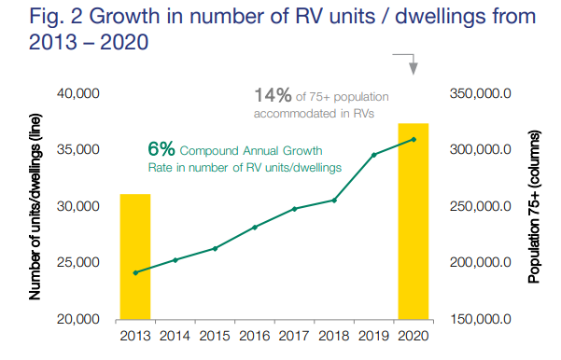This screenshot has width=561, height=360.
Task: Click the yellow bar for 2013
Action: [134, 256]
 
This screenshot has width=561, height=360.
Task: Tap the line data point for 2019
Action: [373, 155]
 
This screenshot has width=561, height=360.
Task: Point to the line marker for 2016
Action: [255, 227]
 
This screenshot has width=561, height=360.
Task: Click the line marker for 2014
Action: [175, 259]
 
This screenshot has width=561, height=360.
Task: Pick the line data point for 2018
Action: [334, 200]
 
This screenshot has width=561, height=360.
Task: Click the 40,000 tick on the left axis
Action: [79, 93]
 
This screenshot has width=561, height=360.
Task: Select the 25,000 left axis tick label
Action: [79, 262]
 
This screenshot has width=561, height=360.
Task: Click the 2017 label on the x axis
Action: [294, 336]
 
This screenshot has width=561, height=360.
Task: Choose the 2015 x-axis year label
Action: [215, 336]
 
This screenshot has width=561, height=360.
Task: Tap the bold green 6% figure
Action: [161, 149]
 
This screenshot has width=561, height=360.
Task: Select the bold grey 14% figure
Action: [273, 95]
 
